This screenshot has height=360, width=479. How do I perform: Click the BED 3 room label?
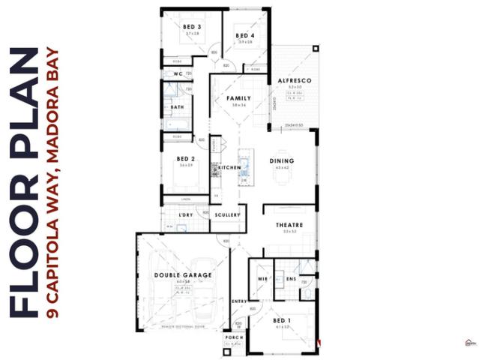pyautogui.click(x=192, y=27)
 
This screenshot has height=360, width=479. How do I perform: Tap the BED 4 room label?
pyautogui.click(x=245, y=35)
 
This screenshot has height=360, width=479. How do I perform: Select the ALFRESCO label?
pyautogui.click(x=289, y=79)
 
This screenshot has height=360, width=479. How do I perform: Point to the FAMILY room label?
pyautogui.click(x=238, y=98)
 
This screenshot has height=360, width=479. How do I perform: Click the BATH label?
pyautogui.click(x=177, y=107)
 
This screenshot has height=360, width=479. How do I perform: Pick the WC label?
pyautogui.click(x=178, y=73)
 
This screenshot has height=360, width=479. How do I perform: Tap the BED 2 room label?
pyautogui.click(x=186, y=158)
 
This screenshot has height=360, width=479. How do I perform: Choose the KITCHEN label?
pyautogui.click(x=229, y=166)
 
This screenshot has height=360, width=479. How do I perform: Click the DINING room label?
pyautogui.click(x=282, y=160)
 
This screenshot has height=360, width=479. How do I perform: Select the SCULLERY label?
pyautogui.click(x=227, y=215)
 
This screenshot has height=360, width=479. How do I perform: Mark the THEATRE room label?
pyautogui.click(x=288, y=225)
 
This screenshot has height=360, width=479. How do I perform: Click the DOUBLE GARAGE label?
pyautogui.click(x=183, y=275)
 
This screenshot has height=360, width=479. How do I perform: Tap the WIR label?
pyautogui.click(x=262, y=279)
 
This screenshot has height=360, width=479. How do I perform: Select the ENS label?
pyautogui.click(x=292, y=279)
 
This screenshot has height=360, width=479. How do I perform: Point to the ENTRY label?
pyautogui.click(x=239, y=301)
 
